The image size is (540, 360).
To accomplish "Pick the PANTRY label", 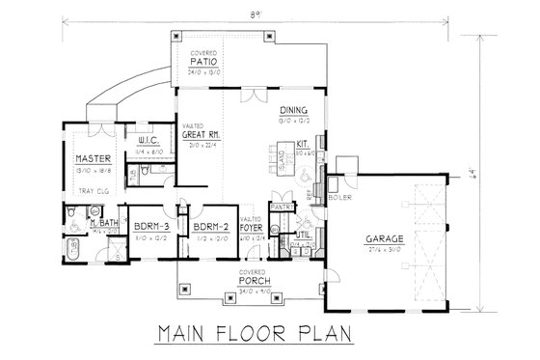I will tap(282, 207).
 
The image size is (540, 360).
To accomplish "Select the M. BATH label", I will tap(104, 224).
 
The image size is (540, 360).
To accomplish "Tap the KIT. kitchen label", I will tap(301, 145).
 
